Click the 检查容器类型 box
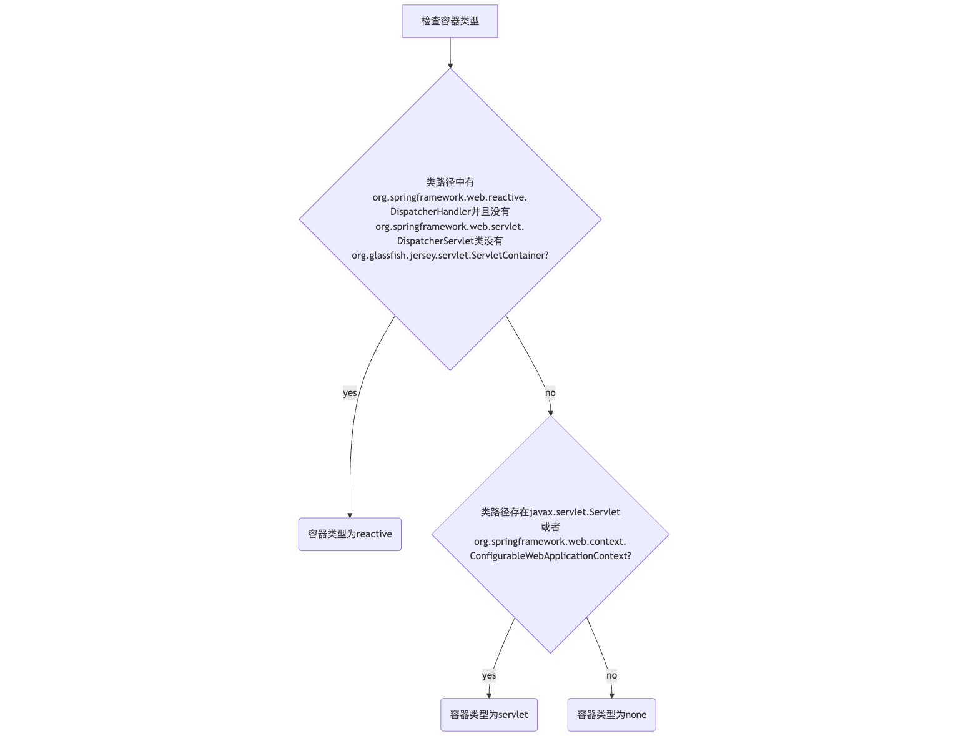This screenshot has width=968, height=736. (x=450, y=21)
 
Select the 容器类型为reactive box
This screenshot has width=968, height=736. (x=350, y=534)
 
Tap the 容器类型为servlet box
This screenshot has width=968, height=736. (x=488, y=714)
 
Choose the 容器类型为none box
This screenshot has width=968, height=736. (x=611, y=714)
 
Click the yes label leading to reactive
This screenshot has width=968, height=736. (x=350, y=393)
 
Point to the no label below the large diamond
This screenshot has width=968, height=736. (x=550, y=393)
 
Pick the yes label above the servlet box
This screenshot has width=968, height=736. (x=488, y=675)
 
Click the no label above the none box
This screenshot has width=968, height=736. (x=611, y=675)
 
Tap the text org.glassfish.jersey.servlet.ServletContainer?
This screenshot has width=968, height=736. (x=450, y=256)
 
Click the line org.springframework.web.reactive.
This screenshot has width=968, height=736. (x=450, y=197)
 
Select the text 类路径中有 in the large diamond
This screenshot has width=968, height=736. (x=450, y=182)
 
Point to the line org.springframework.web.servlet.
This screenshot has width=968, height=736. (x=450, y=226)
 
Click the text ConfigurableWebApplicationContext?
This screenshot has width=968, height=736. (x=550, y=555)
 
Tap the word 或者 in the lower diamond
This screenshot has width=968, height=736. (x=550, y=527)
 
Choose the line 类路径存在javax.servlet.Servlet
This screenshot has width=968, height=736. (x=550, y=512)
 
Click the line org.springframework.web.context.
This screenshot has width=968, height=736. (x=550, y=542)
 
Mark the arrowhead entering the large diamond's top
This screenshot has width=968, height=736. (x=450, y=66)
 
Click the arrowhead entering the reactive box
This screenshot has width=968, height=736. (x=350, y=515)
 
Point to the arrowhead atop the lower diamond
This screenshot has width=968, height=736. (x=550, y=413)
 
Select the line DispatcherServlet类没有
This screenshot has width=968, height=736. (x=450, y=241)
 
